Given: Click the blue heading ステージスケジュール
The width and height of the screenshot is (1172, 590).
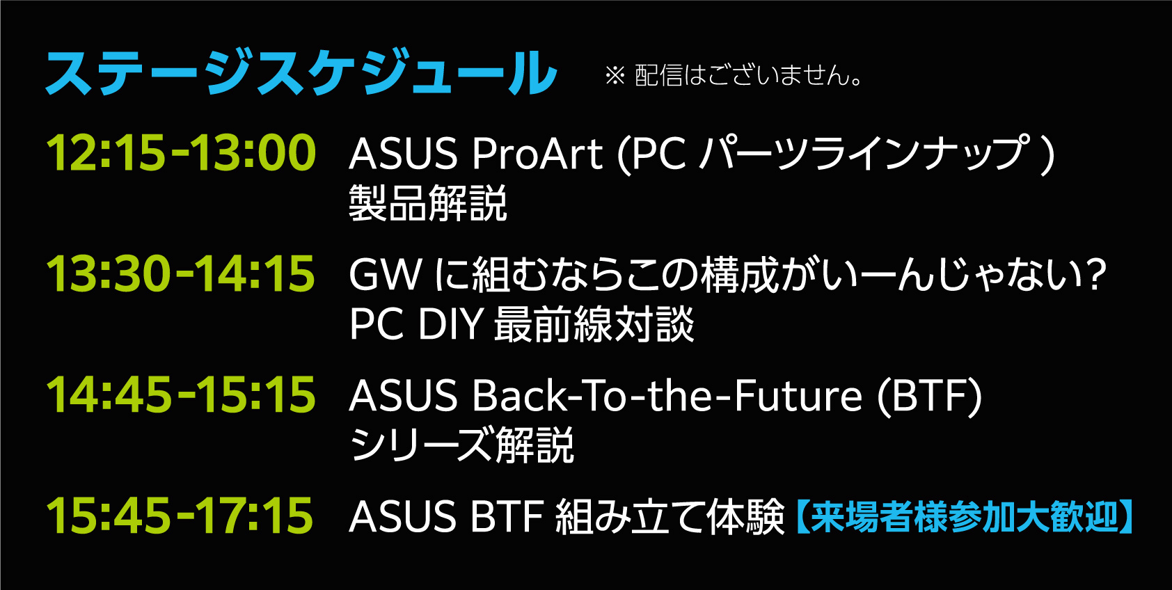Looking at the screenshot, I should [x=301, y=72].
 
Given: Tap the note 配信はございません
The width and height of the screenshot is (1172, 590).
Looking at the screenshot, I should [x=749, y=75].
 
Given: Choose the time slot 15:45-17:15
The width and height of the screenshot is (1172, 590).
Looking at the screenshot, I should [x=180, y=516].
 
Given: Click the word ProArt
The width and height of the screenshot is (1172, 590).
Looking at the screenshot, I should [x=537, y=154].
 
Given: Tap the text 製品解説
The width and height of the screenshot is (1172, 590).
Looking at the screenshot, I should [x=428, y=204].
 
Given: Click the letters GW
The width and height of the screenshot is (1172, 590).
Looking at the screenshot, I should [x=386, y=274].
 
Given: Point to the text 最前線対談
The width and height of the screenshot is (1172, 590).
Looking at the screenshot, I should [x=594, y=325].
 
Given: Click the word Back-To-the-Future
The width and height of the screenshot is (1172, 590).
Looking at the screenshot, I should [x=667, y=396].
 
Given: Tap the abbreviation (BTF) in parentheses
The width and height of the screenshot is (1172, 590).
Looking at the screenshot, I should [x=929, y=396].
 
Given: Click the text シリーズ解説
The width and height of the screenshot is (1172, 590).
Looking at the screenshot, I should [x=461, y=445].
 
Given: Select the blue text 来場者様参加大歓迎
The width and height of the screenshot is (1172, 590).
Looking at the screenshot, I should [x=964, y=517].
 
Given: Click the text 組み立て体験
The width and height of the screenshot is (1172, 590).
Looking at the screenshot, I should [x=670, y=517].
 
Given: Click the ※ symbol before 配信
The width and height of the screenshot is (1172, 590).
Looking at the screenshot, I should [x=615, y=76].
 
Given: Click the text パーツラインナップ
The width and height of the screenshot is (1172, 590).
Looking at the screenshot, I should [x=863, y=154].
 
